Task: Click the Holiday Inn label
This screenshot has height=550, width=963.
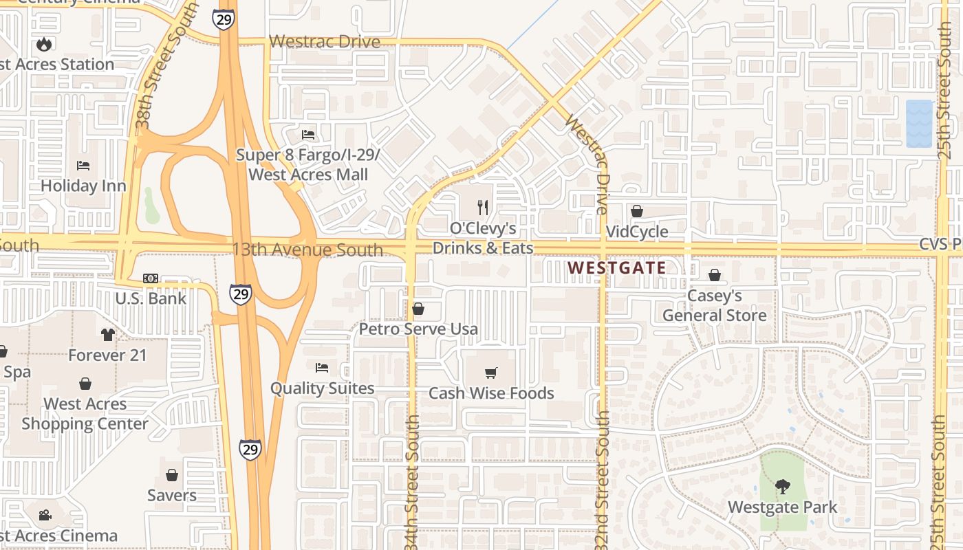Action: pos(83,186)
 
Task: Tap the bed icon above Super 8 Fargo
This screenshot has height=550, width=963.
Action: pos(308,134)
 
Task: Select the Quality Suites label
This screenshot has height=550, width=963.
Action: pos(322,388)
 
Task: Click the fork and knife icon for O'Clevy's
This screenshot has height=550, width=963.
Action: pos(483,206)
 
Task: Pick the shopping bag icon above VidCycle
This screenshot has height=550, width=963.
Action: pos(637,211)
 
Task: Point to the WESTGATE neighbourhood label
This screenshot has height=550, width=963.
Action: pos(617,268)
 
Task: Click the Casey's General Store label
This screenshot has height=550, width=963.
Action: pos(715,306)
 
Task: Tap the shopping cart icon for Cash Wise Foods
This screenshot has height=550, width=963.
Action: pos(491,373)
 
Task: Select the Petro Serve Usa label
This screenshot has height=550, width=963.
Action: pos(418,329)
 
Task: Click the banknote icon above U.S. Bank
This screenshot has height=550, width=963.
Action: pos(151,278)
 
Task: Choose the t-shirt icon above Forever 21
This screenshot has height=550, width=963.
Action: pos(107,335)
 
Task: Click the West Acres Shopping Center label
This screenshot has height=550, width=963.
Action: pos(85,414)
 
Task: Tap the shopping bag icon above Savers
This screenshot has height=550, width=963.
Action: pos(172,475)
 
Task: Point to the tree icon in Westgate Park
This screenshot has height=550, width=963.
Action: pos(782,487)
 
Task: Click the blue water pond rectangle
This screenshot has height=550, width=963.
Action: pos(919,124)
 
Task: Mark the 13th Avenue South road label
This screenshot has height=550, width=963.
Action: pos(307,250)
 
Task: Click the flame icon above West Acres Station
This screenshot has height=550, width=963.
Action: pos(45,45)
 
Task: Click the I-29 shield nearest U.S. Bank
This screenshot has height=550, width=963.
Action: pos(241,294)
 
